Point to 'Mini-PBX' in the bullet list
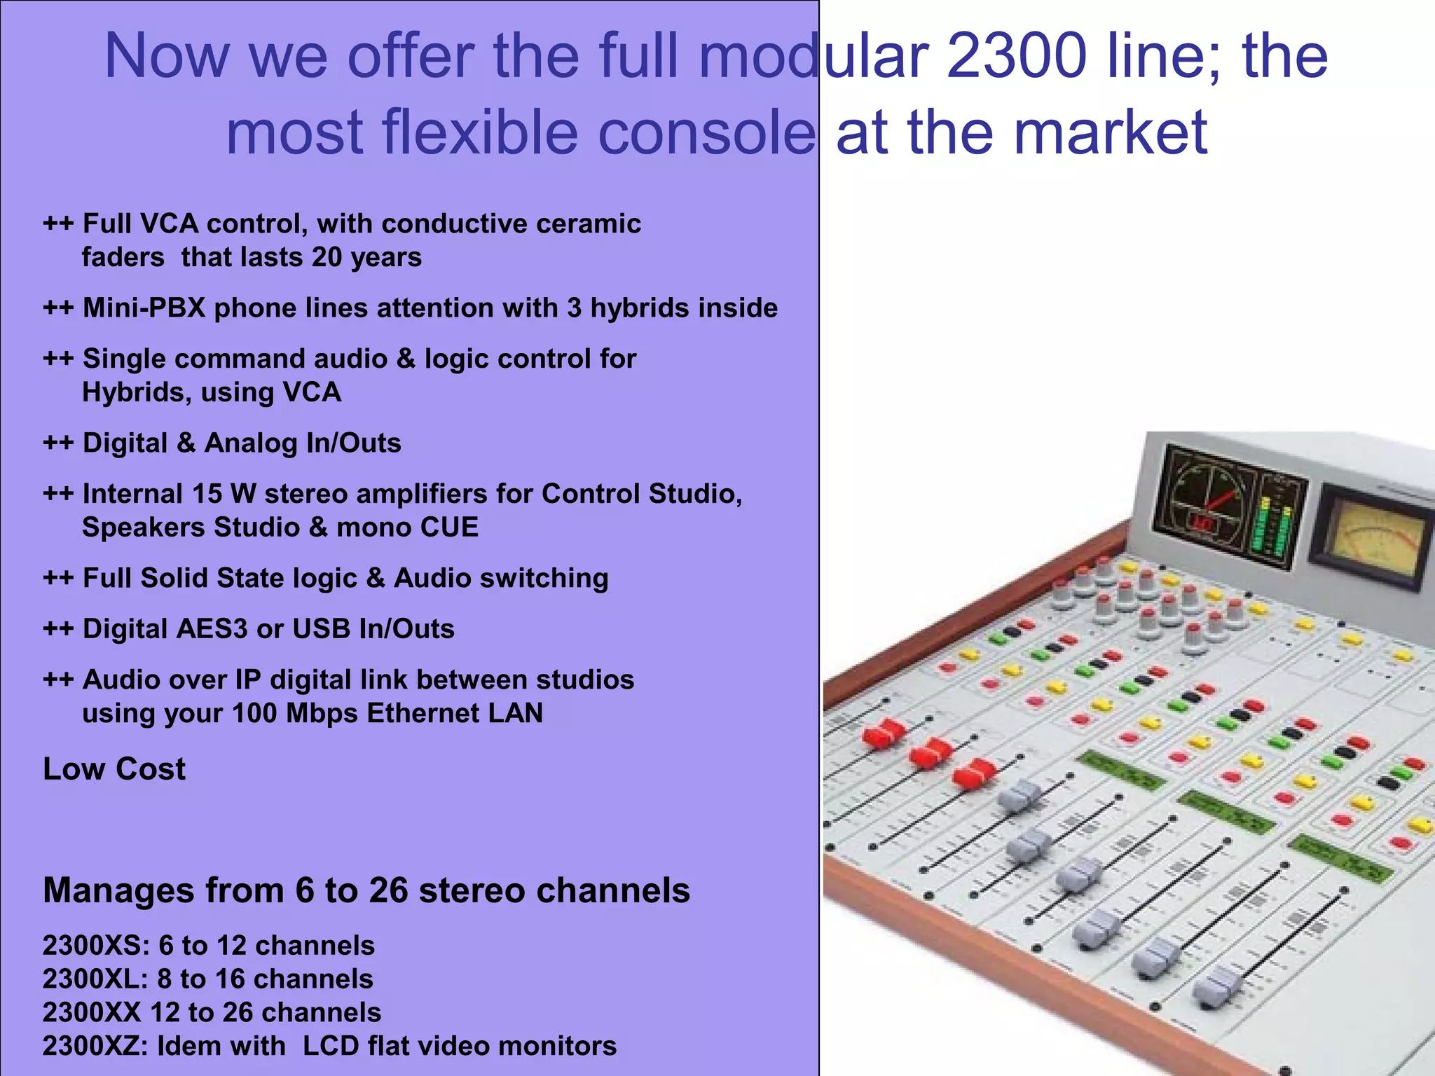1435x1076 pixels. click(144, 308)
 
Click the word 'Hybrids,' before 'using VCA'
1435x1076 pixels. click(137, 392)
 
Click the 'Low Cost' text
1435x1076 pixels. click(114, 769)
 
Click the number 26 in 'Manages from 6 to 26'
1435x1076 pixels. click(388, 891)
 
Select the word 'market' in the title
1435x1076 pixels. click(1110, 132)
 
